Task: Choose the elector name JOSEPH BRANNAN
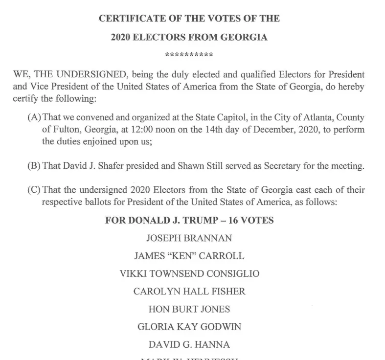click(189, 238)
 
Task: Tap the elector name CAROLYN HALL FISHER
click(189, 292)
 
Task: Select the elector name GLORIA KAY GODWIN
click(189, 327)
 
